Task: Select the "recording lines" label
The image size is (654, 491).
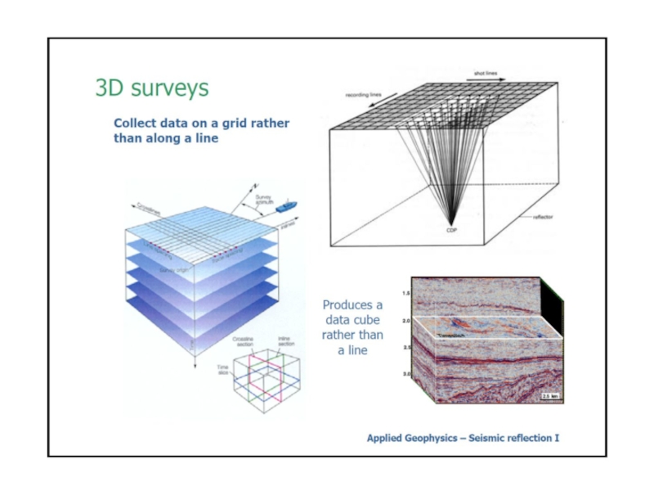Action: coord(365,95)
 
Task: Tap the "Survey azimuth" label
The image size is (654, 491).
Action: coord(264,199)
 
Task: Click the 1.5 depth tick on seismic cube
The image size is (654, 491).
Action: coord(406,292)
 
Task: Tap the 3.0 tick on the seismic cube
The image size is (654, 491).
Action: coord(405,373)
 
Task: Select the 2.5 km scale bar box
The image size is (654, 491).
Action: coord(549,396)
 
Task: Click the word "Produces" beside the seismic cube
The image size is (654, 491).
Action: coord(352,305)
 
